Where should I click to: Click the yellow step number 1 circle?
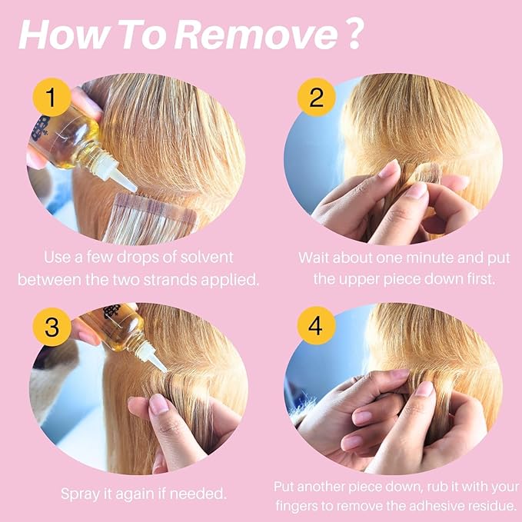[52, 97]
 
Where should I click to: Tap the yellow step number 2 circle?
[316, 97]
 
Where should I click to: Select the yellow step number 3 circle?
[52, 327]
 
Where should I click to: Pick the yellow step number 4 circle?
[316, 326]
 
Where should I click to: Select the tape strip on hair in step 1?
[150, 218]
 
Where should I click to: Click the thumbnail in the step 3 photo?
[158, 404]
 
